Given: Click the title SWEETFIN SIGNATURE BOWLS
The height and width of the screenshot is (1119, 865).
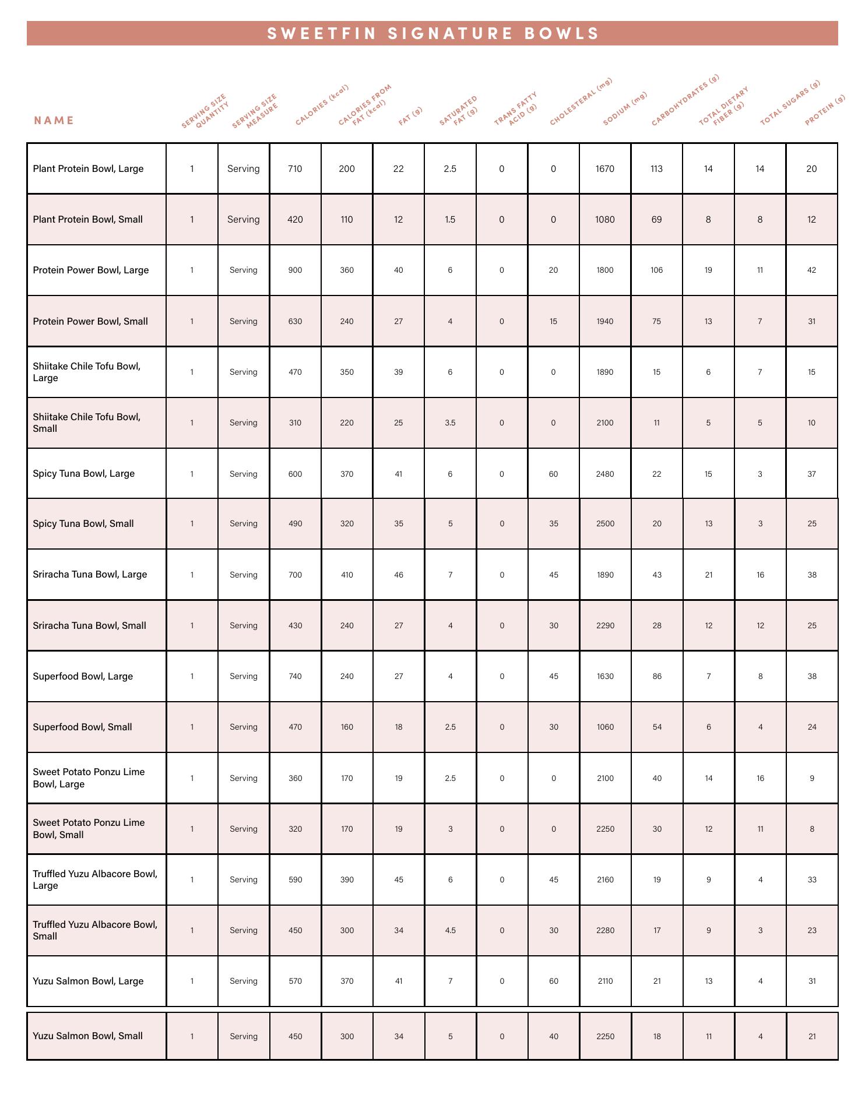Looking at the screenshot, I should click(432, 34).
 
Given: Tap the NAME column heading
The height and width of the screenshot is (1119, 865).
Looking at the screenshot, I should click(54, 121).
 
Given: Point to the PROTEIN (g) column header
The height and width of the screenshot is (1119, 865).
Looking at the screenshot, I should click(825, 111).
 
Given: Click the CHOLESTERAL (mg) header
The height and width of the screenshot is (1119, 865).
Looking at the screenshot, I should click(581, 102).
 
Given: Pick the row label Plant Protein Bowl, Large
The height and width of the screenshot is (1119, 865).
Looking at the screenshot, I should click(88, 169).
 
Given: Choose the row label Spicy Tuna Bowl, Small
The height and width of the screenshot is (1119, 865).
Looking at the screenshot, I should click(83, 523).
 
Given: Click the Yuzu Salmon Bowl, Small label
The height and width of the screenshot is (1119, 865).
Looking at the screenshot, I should click(87, 1036).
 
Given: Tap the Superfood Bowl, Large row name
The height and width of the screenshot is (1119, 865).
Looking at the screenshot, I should click(83, 676).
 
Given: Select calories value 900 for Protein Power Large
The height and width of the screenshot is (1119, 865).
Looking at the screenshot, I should click(295, 270).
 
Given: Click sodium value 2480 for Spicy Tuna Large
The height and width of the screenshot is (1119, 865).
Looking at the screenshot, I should click(605, 474).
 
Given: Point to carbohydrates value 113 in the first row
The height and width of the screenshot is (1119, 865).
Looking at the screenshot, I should click(656, 169).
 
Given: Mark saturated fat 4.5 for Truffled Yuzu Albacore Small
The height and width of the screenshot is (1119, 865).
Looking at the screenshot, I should click(450, 930).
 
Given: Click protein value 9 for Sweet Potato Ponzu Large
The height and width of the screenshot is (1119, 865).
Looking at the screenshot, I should click(812, 778).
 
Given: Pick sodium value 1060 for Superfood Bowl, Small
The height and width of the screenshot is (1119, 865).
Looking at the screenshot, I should click(605, 727).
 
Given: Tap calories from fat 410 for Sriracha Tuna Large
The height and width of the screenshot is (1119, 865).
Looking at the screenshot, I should click(347, 575).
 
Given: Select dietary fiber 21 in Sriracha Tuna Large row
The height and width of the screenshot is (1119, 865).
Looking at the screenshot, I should click(708, 575).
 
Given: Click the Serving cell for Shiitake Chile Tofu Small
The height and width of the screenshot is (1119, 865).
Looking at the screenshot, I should click(243, 423).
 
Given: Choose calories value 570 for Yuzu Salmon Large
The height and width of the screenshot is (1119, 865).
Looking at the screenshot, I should click(295, 981).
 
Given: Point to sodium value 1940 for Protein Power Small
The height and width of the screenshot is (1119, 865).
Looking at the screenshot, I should click(605, 321).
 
